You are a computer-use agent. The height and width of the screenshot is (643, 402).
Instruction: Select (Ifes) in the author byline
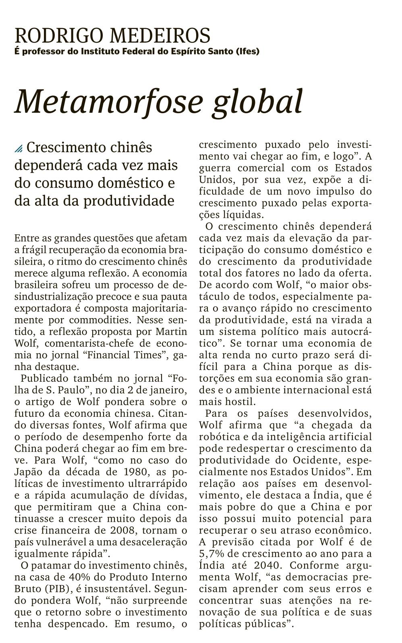(247, 52)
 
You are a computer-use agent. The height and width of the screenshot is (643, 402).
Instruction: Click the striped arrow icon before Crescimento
(19, 149)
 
